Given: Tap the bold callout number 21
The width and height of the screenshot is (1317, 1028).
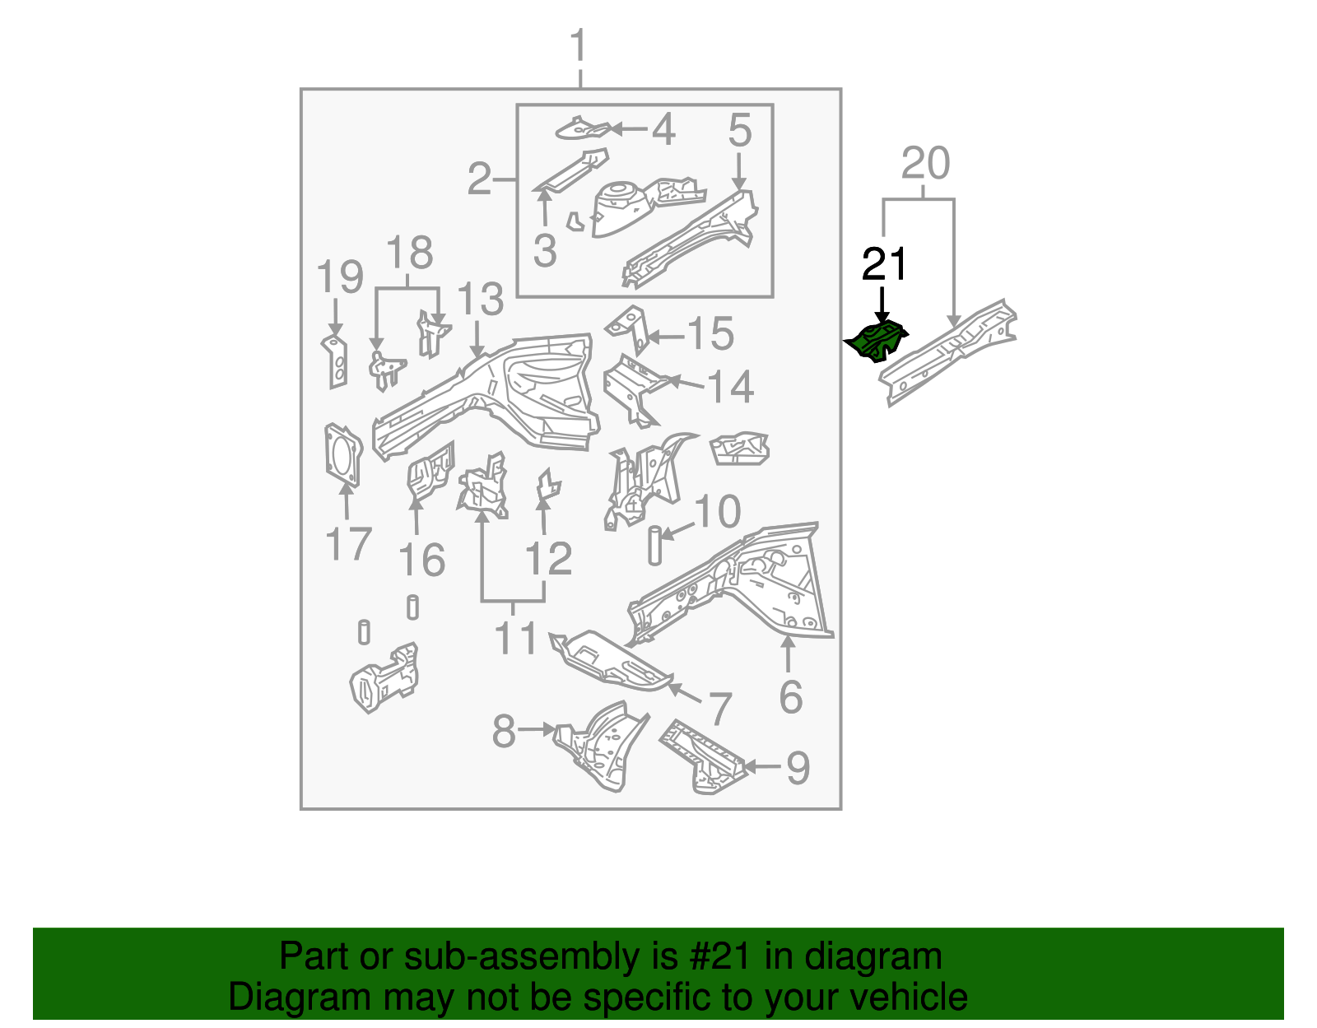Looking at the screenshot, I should pyautogui.click(x=884, y=265).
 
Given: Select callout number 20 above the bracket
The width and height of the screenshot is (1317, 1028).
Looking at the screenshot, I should pyautogui.click(x=925, y=164).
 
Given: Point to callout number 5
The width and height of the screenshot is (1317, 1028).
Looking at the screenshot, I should pyautogui.click(x=740, y=132).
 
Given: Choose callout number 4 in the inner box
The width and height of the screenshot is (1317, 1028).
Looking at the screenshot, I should pyautogui.click(x=663, y=130).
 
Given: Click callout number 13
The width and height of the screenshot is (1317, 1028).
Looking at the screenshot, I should pyautogui.click(x=480, y=300).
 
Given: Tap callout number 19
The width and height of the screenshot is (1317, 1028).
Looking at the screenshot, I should pyautogui.click(x=340, y=277).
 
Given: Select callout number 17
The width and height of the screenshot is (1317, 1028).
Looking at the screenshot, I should pyautogui.click(x=349, y=544).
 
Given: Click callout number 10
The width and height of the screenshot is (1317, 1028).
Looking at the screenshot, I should pyautogui.click(x=718, y=512).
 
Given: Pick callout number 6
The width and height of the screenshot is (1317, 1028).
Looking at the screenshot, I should pyautogui.click(x=790, y=696).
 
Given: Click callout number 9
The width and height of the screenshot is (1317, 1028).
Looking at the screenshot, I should pyautogui.click(x=798, y=768).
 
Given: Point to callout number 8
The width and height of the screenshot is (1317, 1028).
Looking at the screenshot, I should pyautogui.click(x=504, y=731).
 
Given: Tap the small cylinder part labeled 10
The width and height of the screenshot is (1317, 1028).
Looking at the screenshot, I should pyautogui.click(x=654, y=547).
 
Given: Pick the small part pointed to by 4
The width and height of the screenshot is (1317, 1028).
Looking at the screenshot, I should pyautogui.click(x=583, y=128).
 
